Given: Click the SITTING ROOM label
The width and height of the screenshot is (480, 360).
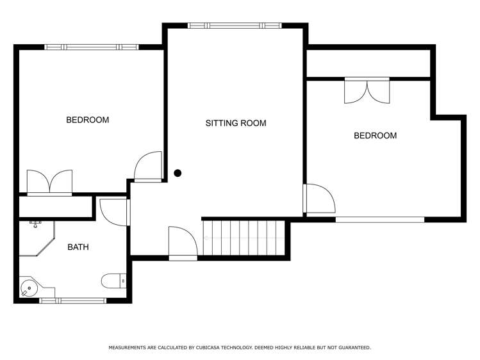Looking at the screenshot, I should (235, 123).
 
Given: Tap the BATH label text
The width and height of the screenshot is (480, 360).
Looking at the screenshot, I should (78, 247).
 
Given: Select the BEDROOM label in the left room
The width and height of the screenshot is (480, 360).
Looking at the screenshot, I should (87, 120).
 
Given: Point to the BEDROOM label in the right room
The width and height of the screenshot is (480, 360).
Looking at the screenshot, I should (375, 136).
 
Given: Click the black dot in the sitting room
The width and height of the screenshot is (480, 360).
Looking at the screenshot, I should (178, 173).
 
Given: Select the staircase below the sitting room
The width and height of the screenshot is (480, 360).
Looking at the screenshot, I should (244, 238).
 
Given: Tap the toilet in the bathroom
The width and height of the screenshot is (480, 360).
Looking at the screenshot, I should (115, 281).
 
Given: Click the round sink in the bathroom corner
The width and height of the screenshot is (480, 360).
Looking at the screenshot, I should (28, 288).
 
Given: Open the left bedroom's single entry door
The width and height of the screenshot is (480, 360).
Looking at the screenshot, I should (149, 167).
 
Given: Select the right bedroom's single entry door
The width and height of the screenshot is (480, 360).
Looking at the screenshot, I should (319, 199).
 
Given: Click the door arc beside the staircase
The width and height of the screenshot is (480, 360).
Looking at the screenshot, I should (183, 243).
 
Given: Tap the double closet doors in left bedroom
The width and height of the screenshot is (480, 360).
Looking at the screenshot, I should (49, 182).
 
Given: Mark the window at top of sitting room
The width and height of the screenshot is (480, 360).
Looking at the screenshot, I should (235, 26).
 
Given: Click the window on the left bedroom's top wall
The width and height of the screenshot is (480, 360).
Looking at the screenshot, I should (91, 47).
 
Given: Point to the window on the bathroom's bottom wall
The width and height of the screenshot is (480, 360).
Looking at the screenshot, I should (72, 300).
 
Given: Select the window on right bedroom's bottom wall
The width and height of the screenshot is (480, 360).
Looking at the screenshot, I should (380, 219).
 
